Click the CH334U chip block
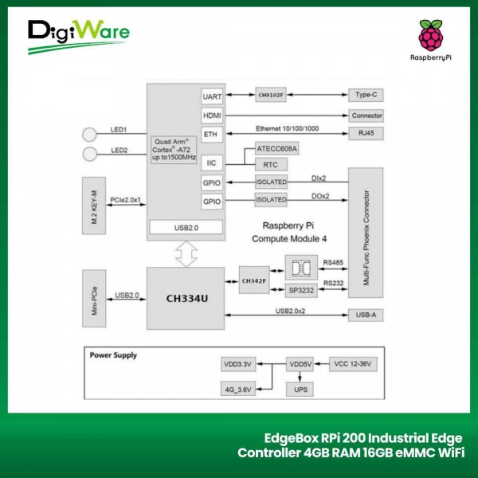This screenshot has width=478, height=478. pos(186,298)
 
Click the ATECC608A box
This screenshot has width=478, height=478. pos(277,149)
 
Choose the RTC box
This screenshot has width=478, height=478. pos(271,164)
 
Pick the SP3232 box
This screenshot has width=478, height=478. pos(301,292)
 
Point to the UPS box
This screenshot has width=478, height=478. pos(300,390)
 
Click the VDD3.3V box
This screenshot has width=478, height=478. pos(237,365)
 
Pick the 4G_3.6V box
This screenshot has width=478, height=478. pos(237,390)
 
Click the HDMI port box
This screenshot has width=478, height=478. pos(213,115)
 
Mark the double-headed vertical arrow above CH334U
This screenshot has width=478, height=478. pos(186,254)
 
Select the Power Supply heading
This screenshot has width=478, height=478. pos(112,355)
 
